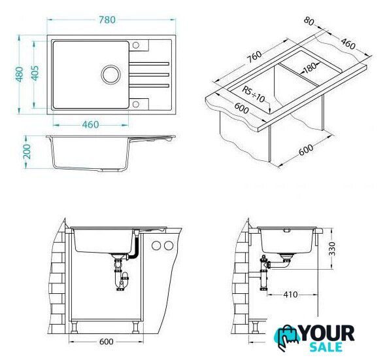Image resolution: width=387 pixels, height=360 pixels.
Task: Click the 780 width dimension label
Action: pyautogui.click(x=107, y=20)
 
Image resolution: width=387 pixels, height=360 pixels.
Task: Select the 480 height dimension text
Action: pyautogui.click(x=20, y=74)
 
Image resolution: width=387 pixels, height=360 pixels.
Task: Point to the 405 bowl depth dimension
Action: pyautogui.click(x=35, y=73)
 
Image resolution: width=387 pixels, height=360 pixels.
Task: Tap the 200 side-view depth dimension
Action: pyautogui.click(x=27, y=151)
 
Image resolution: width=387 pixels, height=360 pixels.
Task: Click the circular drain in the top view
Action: pyautogui.click(x=111, y=75)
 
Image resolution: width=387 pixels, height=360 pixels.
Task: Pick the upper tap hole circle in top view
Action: pyautogui.click(x=136, y=45)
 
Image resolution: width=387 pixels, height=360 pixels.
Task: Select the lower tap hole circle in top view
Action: pyautogui.click(x=136, y=104)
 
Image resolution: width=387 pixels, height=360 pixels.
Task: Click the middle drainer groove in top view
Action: pyautogui.click(x=149, y=75)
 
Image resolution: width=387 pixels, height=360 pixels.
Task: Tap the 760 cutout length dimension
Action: pyautogui.click(x=254, y=56)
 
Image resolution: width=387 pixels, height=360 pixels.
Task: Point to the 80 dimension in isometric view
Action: pyautogui.click(x=309, y=21)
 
